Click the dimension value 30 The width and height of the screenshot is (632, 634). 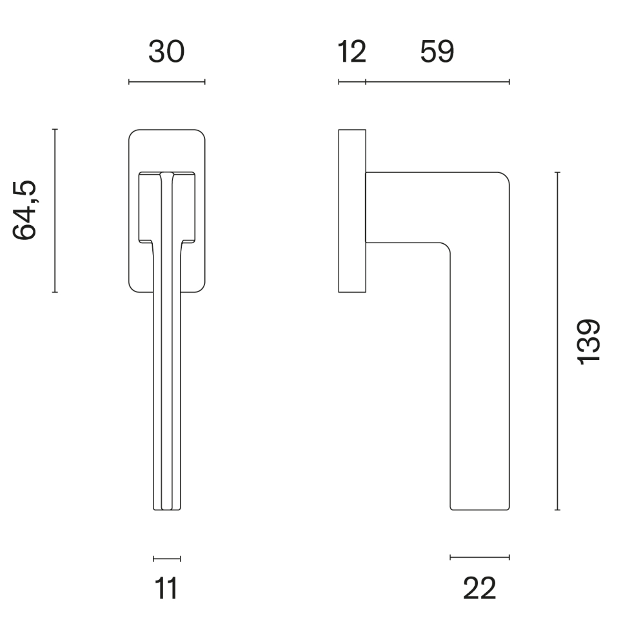[166, 52]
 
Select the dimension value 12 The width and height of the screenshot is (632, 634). [352, 52]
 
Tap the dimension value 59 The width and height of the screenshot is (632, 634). [437, 52]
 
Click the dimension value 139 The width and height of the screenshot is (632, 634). [589, 341]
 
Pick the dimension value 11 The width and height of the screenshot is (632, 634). [166, 588]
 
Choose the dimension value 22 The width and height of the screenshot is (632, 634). [480, 588]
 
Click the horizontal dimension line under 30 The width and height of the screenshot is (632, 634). [166, 82]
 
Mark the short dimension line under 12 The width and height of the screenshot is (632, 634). [352, 82]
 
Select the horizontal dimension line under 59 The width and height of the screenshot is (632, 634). [437, 82]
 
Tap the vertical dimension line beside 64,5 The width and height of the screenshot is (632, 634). [55, 210]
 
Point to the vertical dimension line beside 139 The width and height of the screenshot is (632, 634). [557, 341]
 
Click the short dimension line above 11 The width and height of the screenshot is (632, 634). [166, 559]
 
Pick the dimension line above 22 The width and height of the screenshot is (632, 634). [480, 557]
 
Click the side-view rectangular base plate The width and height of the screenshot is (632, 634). [352, 211]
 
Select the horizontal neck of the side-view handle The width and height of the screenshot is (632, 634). [406, 208]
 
